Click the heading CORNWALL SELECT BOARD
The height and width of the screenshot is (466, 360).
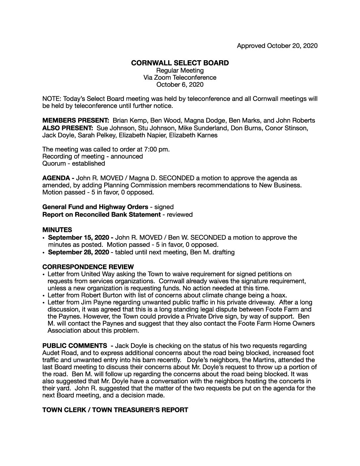tap(180, 63)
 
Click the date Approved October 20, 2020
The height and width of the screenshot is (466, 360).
tap(277, 46)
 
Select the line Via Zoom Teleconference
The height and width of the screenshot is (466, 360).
tap(180, 77)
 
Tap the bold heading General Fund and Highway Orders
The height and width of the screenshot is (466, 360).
tap(95, 207)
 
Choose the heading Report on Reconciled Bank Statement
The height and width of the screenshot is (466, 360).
tap(101, 214)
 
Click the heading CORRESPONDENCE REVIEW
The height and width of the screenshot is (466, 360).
tap(88, 267)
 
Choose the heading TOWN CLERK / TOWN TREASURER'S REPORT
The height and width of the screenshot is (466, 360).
tap(115, 410)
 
